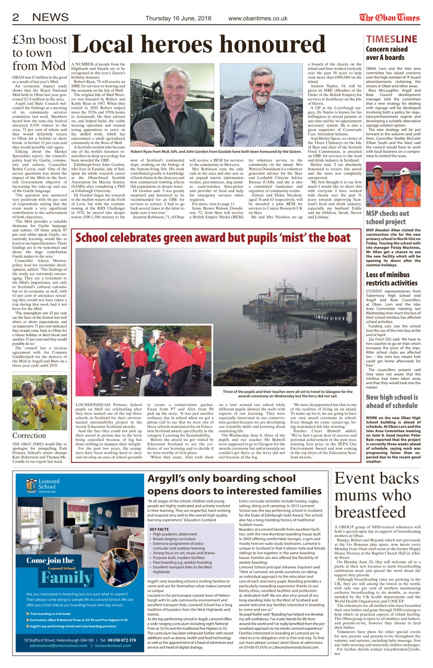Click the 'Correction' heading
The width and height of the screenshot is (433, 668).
[x=29, y=435]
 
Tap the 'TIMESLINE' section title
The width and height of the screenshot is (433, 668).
[x=392, y=39]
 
